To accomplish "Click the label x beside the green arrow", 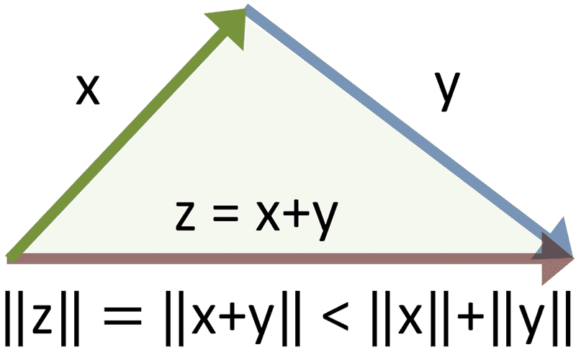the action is (88, 90).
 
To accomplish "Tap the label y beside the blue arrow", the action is (447, 91).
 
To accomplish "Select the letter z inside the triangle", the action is (185, 216).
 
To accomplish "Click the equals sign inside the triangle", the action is (225, 216).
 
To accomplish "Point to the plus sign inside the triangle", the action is (296, 216).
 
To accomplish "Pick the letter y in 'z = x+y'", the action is (323, 220).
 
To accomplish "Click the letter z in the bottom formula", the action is (42, 319).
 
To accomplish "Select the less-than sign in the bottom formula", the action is (335, 317).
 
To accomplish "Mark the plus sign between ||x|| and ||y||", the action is (471, 317).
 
